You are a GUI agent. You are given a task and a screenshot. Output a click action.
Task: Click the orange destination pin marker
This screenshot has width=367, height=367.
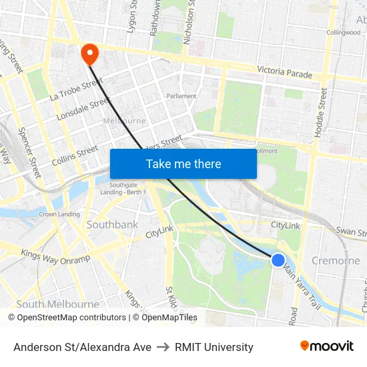[88, 53]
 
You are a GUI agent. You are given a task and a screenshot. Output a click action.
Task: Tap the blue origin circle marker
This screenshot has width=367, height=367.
[278, 260]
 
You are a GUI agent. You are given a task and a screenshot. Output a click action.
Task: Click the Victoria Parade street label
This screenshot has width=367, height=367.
[285, 71]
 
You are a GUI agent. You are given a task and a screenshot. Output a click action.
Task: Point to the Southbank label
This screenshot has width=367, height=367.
[113, 224]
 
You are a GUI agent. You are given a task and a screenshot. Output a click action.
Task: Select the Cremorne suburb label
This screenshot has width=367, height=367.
[336, 261]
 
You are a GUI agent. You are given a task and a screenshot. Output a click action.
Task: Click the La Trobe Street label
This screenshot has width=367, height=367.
[76, 89]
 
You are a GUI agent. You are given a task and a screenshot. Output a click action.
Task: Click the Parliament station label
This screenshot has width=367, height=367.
[181, 96]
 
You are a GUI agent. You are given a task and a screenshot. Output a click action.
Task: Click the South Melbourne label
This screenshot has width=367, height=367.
[57, 304]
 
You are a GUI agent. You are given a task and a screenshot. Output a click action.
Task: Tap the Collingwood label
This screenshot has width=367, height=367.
[344, 32]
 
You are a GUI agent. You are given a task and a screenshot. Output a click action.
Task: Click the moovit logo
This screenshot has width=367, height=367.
[326, 346]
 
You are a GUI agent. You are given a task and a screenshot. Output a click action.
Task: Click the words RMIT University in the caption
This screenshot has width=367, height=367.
[214, 347]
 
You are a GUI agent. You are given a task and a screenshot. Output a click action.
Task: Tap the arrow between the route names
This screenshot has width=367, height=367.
[163, 347]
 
